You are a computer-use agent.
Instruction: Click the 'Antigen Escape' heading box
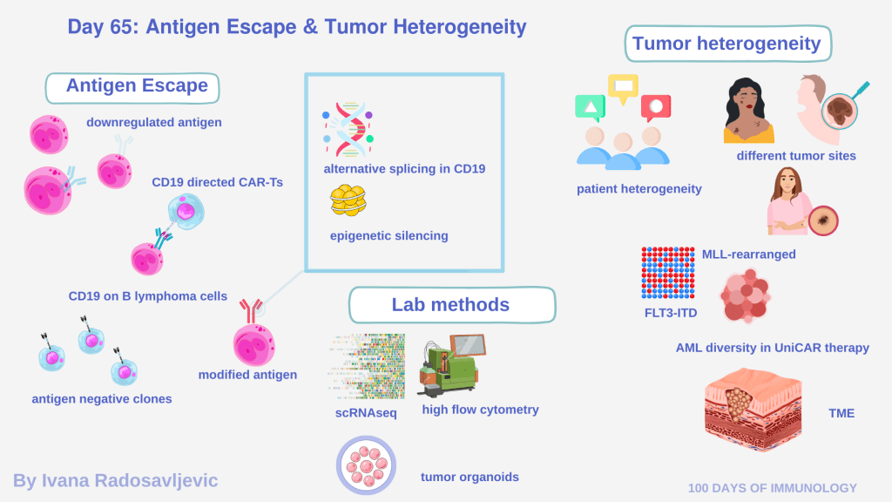(x=132, y=88)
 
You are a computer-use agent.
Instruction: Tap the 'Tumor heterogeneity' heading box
(x=728, y=44)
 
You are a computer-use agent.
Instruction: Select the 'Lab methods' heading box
(x=452, y=305)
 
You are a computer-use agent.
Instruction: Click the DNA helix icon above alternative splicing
(x=348, y=129)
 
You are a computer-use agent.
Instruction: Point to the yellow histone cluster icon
(x=348, y=200)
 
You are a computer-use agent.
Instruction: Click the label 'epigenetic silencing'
(x=389, y=235)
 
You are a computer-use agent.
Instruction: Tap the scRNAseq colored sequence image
(x=367, y=366)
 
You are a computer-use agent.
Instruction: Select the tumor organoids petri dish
(x=366, y=465)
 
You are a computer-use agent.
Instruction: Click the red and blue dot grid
(x=668, y=273)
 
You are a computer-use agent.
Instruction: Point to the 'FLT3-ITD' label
(x=671, y=313)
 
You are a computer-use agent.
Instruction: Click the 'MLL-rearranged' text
(x=748, y=254)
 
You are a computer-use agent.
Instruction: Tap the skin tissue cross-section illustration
(x=753, y=410)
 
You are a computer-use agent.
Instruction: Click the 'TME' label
(x=841, y=413)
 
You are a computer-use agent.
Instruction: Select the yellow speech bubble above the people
(x=623, y=88)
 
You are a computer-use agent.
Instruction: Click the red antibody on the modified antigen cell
(x=251, y=310)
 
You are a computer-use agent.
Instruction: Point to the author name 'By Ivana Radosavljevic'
(x=116, y=480)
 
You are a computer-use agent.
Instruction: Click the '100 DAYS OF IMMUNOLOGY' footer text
(x=772, y=488)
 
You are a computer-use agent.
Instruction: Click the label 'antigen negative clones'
(x=102, y=399)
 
